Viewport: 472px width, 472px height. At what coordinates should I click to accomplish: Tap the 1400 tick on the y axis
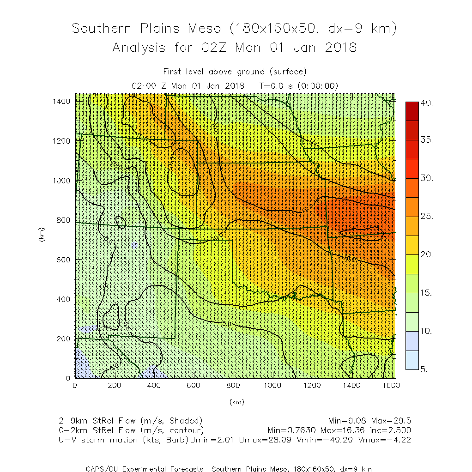click(62, 101)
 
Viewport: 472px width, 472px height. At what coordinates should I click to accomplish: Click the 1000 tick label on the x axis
click(272, 385)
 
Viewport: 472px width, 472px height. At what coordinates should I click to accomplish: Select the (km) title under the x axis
click(236, 402)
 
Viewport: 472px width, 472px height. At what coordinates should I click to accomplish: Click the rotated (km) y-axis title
click(42, 236)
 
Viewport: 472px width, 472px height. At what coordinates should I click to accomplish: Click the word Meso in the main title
click(203, 29)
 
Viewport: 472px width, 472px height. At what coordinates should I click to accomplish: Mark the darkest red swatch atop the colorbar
click(411, 111)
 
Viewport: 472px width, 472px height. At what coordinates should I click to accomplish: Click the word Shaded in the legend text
click(186, 421)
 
